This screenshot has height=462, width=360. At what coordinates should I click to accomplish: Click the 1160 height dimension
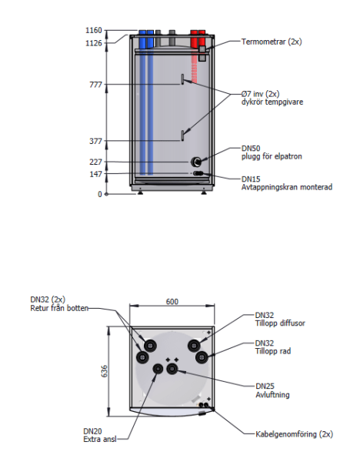(x=94, y=30)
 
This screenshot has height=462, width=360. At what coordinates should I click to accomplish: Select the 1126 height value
(x=94, y=43)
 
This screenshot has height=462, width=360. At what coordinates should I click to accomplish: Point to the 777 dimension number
(x=95, y=85)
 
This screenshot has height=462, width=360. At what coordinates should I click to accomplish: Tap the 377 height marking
(x=95, y=141)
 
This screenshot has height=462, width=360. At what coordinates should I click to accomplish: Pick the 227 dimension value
(x=95, y=162)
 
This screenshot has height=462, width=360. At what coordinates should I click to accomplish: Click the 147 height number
(x=95, y=174)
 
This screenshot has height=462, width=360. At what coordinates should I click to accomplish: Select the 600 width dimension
(x=172, y=302)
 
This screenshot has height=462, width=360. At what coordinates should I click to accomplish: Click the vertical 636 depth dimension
(x=104, y=371)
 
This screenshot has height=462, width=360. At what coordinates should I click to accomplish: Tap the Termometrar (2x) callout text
(x=272, y=42)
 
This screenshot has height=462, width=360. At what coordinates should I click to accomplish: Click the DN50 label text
(x=251, y=148)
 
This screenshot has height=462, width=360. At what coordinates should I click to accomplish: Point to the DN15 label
(x=251, y=179)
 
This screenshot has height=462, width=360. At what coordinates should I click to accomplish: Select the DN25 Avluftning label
(x=272, y=390)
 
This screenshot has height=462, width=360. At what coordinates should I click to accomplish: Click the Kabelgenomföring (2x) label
(x=294, y=434)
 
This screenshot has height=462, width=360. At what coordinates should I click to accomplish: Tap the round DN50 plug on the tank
(x=196, y=162)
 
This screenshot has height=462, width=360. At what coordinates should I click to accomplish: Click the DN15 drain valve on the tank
(x=198, y=173)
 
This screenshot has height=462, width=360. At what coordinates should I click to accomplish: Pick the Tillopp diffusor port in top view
(x=194, y=346)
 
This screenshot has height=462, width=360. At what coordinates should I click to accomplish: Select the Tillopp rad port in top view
(x=202, y=358)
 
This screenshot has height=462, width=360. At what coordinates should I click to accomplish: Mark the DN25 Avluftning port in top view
(x=172, y=369)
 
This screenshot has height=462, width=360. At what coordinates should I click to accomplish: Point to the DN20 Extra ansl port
(x=158, y=369)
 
